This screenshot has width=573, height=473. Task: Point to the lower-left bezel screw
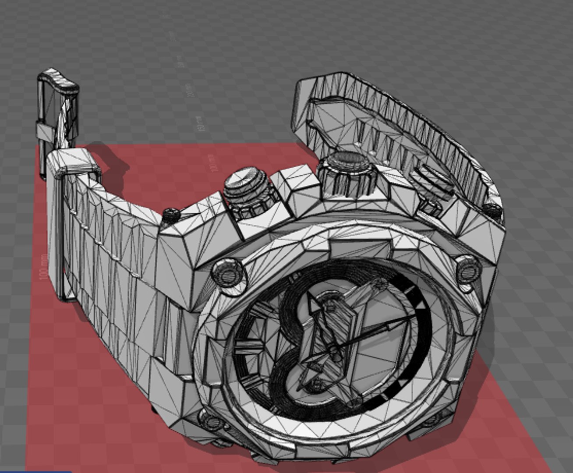coord(210,421)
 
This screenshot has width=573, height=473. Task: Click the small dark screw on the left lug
coord(170,214)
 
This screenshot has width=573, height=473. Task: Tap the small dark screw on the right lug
coord(494,211)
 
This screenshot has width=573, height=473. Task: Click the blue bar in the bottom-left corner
coord(35,471)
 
